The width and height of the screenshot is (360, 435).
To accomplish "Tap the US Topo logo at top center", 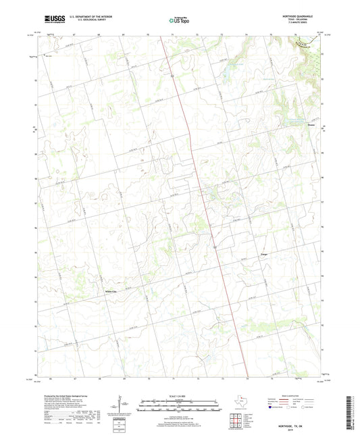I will [x=178, y=21].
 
